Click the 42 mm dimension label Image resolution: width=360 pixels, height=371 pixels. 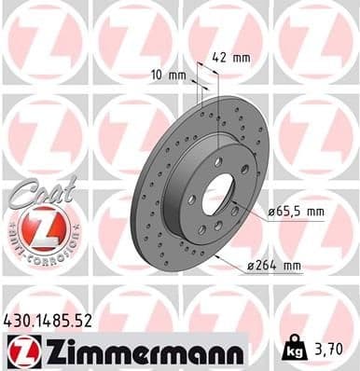tap(229, 56)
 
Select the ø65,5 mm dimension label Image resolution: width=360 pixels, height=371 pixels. tap(296, 212)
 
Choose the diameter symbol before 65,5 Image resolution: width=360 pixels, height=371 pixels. tap(272, 212)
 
